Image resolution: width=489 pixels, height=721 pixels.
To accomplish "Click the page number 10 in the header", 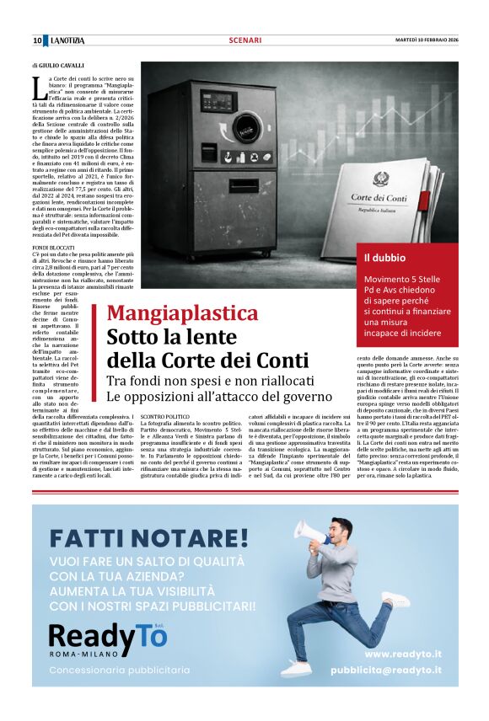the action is [37, 40].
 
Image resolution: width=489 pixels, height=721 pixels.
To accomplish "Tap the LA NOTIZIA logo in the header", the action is [67, 40].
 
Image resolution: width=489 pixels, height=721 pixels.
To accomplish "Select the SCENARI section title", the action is [244, 40].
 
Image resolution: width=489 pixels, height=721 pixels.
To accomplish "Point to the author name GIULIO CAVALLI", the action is [62, 65].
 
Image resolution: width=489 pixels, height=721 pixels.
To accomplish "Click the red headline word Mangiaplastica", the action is [182, 314].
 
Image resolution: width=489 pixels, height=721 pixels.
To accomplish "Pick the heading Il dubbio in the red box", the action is [384, 257].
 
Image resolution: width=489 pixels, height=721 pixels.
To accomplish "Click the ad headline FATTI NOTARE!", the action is [149, 537].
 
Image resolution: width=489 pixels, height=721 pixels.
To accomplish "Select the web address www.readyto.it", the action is [403, 654].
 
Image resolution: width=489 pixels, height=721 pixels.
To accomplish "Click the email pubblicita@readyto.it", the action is [385, 670].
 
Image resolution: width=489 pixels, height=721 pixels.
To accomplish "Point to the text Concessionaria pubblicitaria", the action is [120, 670].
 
